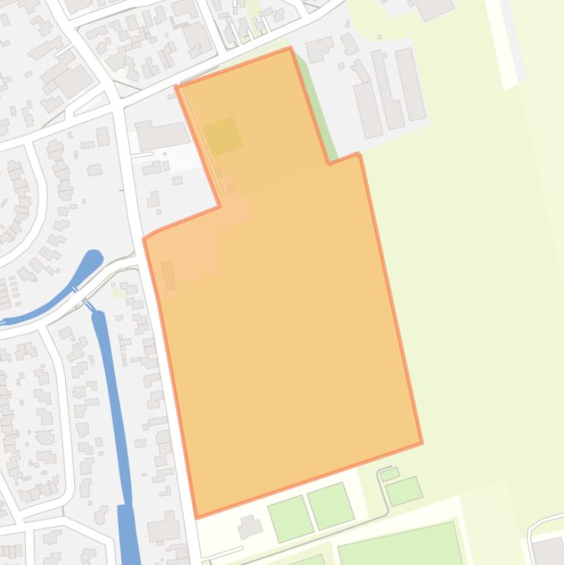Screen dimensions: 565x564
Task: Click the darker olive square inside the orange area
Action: (x=223, y=136)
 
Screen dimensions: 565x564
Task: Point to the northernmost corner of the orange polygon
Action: (x=290, y=48)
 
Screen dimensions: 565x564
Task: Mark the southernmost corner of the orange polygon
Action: (x=197, y=517)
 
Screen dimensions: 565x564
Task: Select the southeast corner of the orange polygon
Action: (x=421, y=442)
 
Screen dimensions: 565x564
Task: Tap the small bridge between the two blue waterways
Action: (x=87, y=303)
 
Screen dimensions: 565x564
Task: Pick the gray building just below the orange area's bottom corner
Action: (x=249, y=526)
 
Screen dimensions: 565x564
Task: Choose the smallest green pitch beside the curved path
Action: (x=389, y=474)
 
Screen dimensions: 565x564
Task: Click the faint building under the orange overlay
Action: (x=168, y=274)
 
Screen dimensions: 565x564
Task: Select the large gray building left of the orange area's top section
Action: (x=162, y=135)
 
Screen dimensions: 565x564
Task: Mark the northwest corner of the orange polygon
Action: (x=177, y=87)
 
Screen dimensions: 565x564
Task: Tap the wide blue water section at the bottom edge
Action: (x=129, y=536)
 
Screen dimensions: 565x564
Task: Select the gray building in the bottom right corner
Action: (x=548, y=550)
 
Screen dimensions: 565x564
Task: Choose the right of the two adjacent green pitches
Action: (x=331, y=506)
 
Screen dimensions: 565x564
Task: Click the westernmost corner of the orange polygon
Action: (x=144, y=238)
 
